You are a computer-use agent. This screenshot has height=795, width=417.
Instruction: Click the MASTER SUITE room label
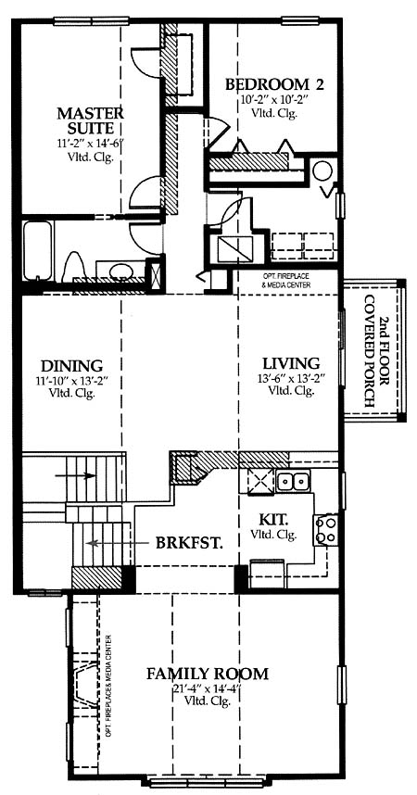90,120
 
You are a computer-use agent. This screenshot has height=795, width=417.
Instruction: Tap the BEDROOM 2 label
274,83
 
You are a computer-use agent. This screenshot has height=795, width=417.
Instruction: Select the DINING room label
72,365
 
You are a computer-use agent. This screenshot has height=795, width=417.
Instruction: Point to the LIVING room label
291,363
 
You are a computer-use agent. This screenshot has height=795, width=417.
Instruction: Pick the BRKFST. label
190,543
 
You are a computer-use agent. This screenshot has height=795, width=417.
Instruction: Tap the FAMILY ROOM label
207,674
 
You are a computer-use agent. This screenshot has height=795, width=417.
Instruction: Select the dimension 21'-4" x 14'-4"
207,689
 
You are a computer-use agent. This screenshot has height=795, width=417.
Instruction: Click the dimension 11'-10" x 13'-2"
71,380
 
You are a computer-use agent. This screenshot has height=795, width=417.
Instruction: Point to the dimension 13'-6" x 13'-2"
291,378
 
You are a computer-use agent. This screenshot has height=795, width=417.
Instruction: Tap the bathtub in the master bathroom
37,250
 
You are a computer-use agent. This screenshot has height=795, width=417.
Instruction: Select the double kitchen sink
293,480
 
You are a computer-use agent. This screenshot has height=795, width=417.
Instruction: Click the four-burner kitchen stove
326,530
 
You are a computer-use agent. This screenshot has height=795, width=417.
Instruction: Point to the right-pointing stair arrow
75,475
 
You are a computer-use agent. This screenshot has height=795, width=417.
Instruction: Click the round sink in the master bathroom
120,270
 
